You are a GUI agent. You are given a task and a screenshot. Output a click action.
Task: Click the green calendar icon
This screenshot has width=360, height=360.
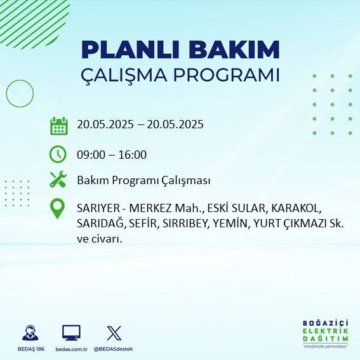[58, 125]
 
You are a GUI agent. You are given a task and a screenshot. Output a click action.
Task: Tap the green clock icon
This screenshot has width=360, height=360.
[58, 154]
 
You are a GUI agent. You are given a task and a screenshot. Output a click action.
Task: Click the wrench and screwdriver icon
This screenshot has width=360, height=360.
[58, 180]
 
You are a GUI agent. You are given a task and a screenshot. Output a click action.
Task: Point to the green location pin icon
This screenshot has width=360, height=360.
[58, 209]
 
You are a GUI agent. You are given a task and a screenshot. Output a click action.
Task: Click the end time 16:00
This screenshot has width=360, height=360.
[133, 154]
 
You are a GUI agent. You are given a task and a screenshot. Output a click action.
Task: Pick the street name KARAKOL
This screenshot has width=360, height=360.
[300, 209]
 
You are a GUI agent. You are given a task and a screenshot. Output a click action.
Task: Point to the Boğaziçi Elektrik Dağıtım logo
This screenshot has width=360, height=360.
[326, 333]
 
